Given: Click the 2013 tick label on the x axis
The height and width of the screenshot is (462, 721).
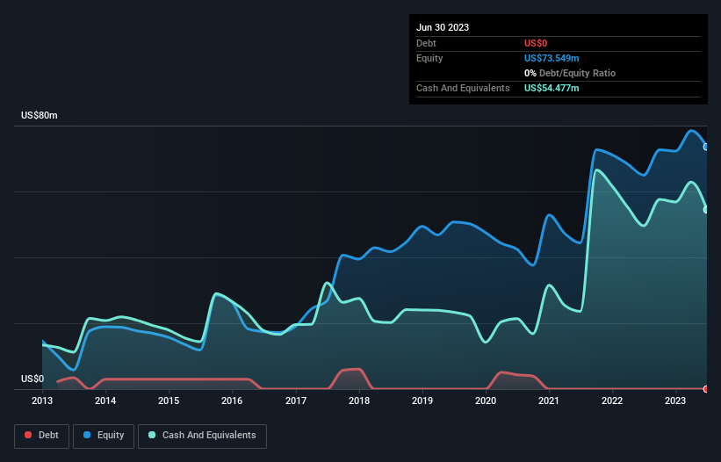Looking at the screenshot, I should pyautogui.click(x=42, y=401).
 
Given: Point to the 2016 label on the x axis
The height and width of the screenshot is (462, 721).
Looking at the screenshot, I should pyautogui.click(x=232, y=401).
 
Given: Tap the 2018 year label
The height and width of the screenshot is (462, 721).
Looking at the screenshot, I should pyautogui.click(x=358, y=401).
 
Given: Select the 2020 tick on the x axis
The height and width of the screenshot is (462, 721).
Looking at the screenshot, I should pyautogui.click(x=486, y=401).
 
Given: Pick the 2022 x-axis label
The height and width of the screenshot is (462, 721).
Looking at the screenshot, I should pyautogui.click(x=612, y=401).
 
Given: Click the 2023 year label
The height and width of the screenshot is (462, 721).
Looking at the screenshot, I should pyautogui.click(x=675, y=401).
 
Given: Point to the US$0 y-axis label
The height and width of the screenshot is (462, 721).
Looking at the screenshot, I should pyautogui.click(x=32, y=379).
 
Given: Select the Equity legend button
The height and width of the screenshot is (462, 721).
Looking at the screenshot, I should pyautogui.click(x=104, y=436).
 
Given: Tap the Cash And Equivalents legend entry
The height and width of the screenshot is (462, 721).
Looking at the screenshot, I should pyautogui.click(x=202, y=436).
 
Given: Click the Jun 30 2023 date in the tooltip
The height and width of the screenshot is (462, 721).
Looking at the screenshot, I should pyautogui.click(x=443, y=27).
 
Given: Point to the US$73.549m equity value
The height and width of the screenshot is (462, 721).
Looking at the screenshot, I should pyautogui.click(x=552, y=58).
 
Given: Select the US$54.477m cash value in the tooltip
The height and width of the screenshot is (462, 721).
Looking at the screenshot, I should pyautogui.click(x=552, y=88).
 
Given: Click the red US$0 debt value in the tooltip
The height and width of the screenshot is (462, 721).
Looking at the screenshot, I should pyautogui.click(x=536, y=43).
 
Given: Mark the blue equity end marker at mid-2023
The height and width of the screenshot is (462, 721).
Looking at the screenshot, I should pyautogui.click(x=706, y=147).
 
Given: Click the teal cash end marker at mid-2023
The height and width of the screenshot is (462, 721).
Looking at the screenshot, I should pyautogui.click(x=706, y=209).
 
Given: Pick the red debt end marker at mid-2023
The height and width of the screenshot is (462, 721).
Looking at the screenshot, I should pyautogui.click(x=706, y=388).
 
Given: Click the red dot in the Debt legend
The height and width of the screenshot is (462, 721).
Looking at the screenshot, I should pyautogui.click(x=28, y=436).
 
